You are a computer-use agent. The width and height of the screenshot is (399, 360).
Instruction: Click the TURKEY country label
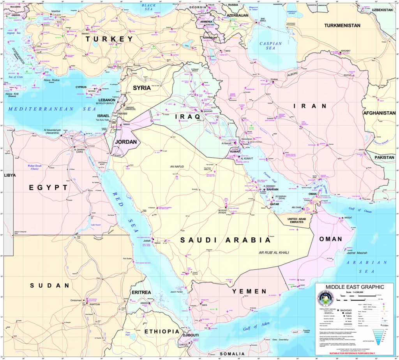click(x=110, y=39)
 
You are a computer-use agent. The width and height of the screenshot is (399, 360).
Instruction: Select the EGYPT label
click(x=49, y=188)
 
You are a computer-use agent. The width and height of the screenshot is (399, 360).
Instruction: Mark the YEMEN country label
click(x=249, y=291)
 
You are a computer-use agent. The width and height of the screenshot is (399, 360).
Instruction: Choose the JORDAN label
click(x=125, y=142)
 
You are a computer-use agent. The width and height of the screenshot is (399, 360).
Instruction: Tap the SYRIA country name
click(x=142, y=88)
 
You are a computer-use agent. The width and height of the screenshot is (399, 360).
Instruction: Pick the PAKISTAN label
click(x=385, y=158)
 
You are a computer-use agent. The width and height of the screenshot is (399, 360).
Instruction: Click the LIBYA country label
click(x=10, y=175)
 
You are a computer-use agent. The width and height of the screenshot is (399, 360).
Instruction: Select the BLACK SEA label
click(x=149, y=7)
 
